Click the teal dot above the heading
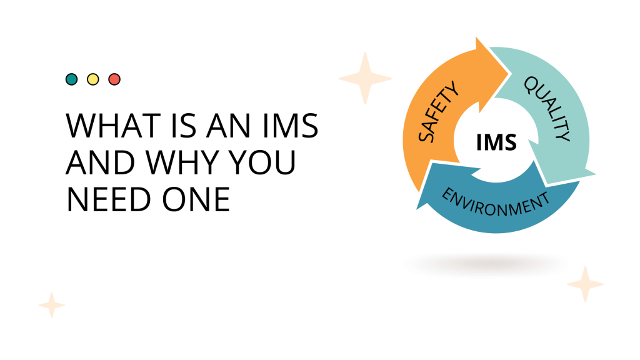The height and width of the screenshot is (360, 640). [x=72, y=79]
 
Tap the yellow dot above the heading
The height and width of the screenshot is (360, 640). [x=93, y=79]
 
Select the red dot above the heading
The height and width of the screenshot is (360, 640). [x=114, y=79]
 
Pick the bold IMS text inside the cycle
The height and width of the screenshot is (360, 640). [x=496, y=143]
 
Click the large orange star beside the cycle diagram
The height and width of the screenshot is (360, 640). [x=365, y=78]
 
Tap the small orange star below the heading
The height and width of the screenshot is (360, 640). [x=52, y=305]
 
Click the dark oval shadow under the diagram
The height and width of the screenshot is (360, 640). [x=484, y=264]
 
